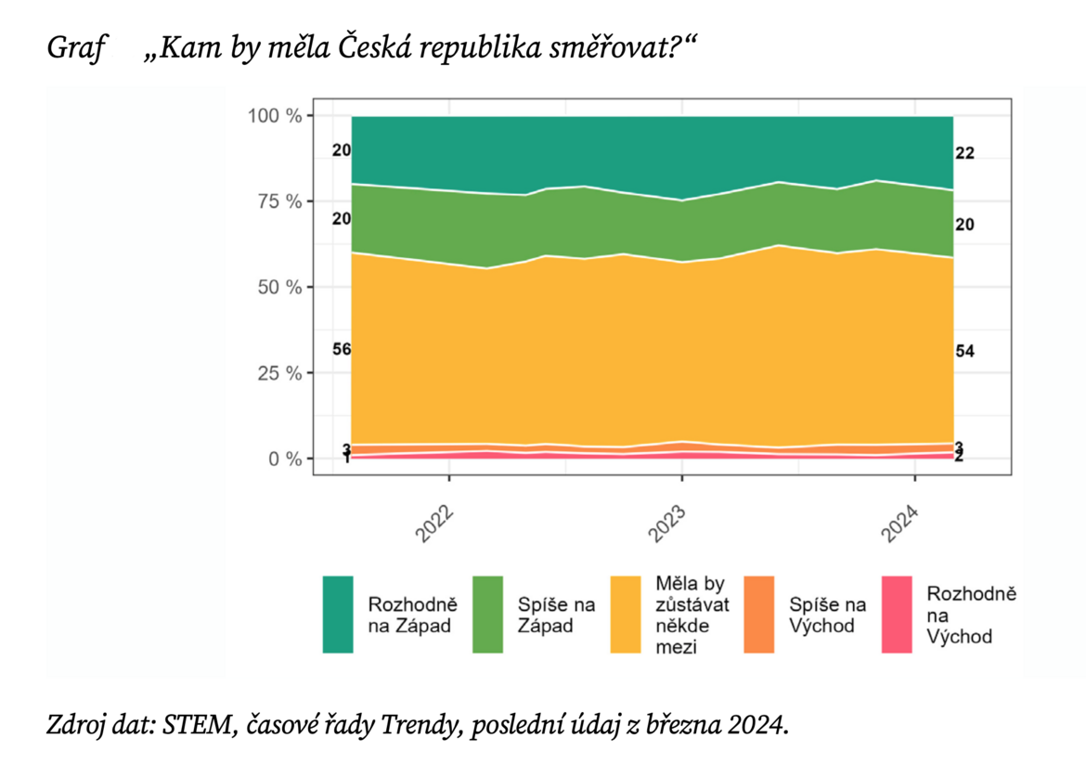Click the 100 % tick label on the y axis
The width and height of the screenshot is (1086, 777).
tap(275, 115)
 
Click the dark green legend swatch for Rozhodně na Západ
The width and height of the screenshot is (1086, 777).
tap(338, 614)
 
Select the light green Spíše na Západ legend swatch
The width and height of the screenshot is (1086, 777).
tap(487, 614)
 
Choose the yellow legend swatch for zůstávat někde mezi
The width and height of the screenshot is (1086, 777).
tap(626, 614)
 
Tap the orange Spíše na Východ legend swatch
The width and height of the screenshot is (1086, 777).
tap(758, 614)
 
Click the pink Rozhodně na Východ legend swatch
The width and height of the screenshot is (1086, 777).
tap(897, 614)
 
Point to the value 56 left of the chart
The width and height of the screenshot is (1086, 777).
tap(341, 349)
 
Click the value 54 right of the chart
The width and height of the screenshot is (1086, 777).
tap(964, 350)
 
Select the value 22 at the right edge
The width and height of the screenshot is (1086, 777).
tap(964, 153)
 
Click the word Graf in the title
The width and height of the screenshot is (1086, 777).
tap(73, 47)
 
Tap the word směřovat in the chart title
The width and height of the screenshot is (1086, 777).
tap(612, 47)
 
